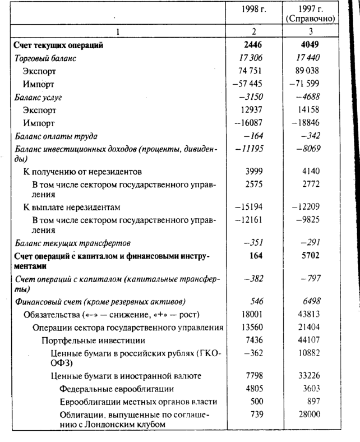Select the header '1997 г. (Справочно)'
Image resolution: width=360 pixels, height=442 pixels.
(x=310, y=13)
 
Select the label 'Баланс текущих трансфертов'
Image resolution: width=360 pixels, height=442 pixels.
(x=73, y=243)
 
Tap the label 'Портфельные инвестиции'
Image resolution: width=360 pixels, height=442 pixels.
(x=86, y=340)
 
